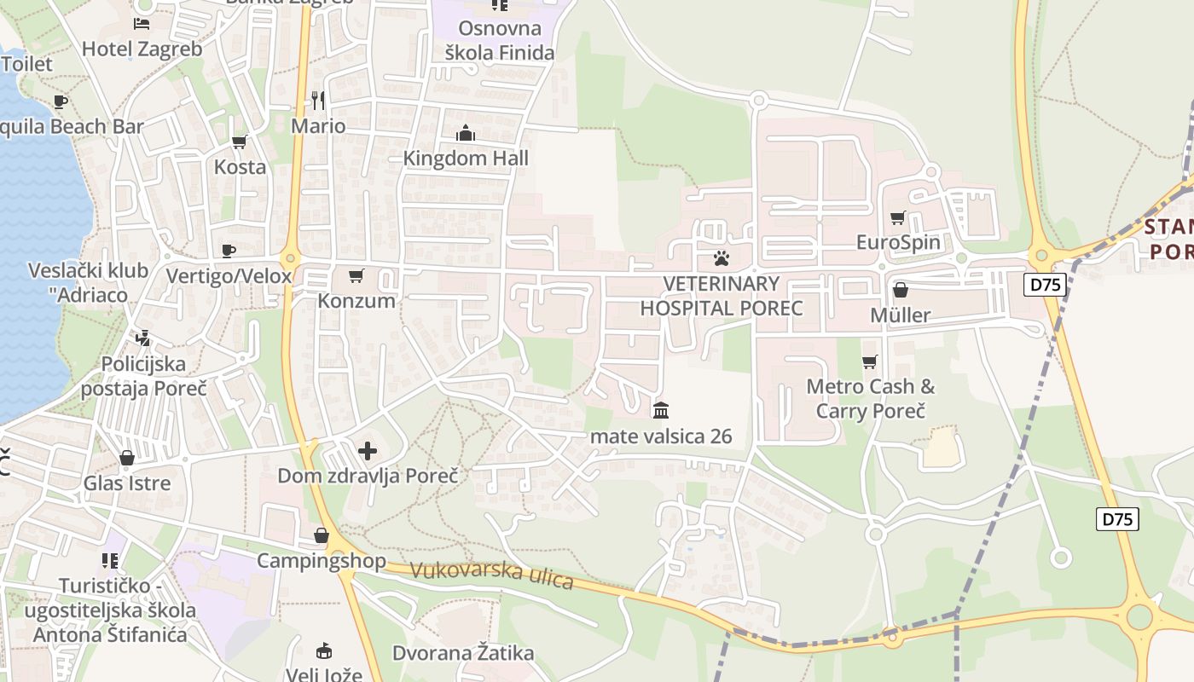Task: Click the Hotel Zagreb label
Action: (x=142, y=49)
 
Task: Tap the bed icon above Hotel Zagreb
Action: (x=142, y=23)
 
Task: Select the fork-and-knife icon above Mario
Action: (x=318, y=101)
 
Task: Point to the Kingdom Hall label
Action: (x=466, y=158)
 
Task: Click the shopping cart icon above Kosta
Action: (x=240, y=142)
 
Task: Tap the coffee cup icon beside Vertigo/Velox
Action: (x=229, y=251)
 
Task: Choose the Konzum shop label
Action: (x=356, y=300)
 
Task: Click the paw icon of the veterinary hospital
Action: (x=722, y=257)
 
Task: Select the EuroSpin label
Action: (x=898, y=242)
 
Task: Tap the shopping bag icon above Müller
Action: (x=900, y=290)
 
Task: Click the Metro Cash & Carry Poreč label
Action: (x=870, y=398)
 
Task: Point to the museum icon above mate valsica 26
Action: (x=661, y=411)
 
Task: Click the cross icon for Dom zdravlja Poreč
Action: (x=368, y=450)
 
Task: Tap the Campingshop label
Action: (x=322, y=561)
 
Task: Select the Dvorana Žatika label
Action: (x=463, y=653)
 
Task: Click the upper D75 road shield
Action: (x=1046, y=284)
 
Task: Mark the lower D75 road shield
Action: (x=1117, y=518)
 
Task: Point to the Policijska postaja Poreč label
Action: (x=143, y=376)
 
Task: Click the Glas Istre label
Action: (x=127, y=483)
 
